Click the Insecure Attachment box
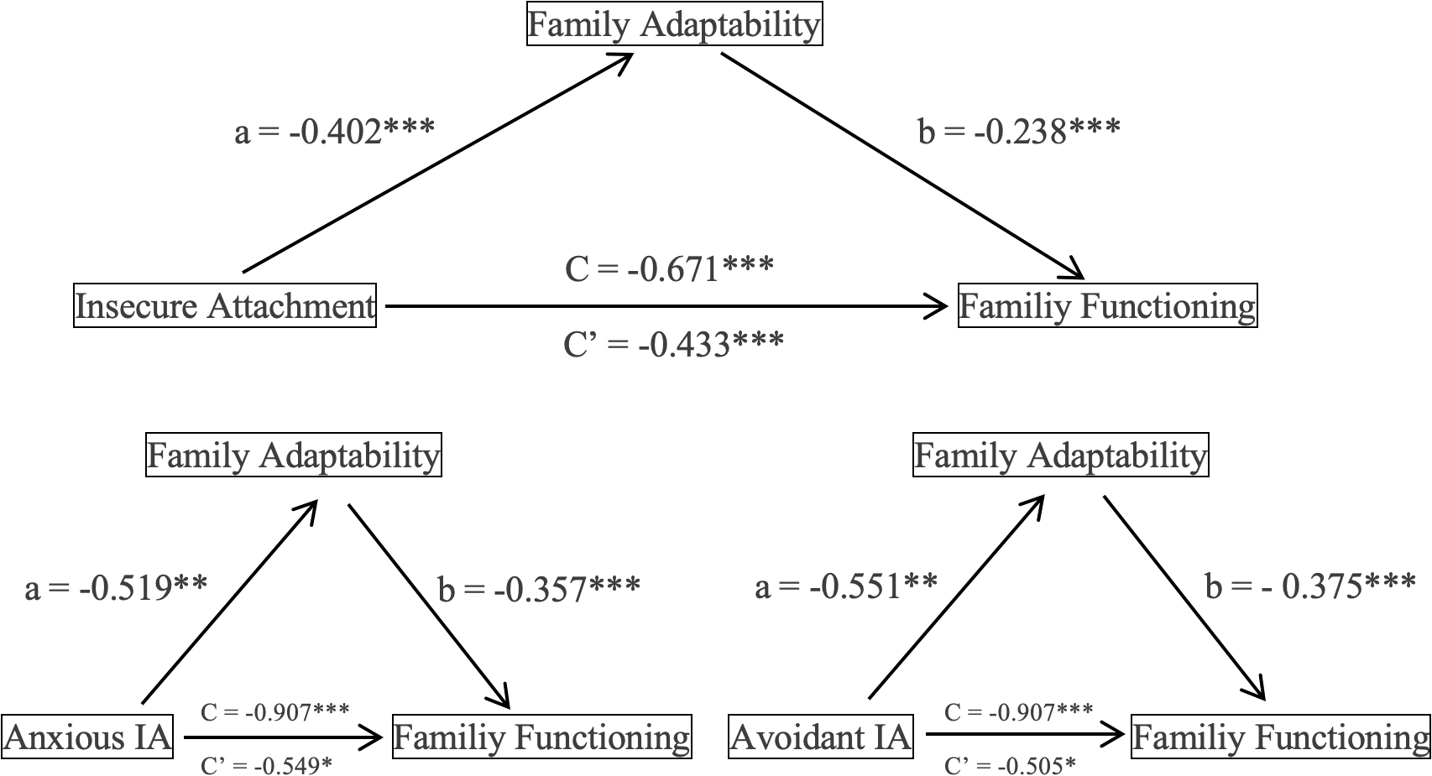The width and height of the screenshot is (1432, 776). pyautogui.click(x=225, y=306)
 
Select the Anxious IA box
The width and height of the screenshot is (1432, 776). pyautogui.click(x=87, y=737)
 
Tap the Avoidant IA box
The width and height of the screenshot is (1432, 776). pyautogui.click(x=820, y=737)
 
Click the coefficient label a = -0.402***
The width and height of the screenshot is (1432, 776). pyautogui.click(x=334, y=131)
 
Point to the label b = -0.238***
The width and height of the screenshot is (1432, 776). pyautogui.click(x=1019, y=131)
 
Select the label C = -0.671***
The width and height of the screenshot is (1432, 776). pyautogui.click(x=669, y=269)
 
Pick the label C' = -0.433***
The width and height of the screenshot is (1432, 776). pyautogui.click(x=673, y=344)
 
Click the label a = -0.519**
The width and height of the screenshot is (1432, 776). pyautogui.click(x=116, y=587)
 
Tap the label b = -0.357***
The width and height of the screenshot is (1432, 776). pyautogui.click(x=539, y=589)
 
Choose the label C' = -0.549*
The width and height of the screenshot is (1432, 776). pyautogui.click(x=266, y=765)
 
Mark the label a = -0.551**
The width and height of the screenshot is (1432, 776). pyautogui.click(x=846, y=586)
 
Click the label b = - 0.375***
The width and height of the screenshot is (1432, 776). pyautogui.click(x=1309, y=586)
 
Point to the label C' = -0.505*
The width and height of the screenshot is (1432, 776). pyautogui.click(x=1010, y=765)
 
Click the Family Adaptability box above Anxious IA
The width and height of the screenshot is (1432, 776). pyautogui.click(x=294, y=456)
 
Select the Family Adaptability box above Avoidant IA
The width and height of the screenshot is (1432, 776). pyautogui.click(x=1061, y=456)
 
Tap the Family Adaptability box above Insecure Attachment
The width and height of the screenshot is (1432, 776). pyautogui.click(x=674, y=24)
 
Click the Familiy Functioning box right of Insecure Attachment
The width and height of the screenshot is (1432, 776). pyautogui.click(x=1107, y=306)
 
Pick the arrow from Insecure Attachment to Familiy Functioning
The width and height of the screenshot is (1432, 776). pyautogui.click(x=663, y=306)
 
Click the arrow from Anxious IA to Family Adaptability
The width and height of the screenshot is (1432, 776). pyautogui.click(x=228, y=602)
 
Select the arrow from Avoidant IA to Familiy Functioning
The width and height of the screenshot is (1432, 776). pyautogui.click(x=1024, y=737)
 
